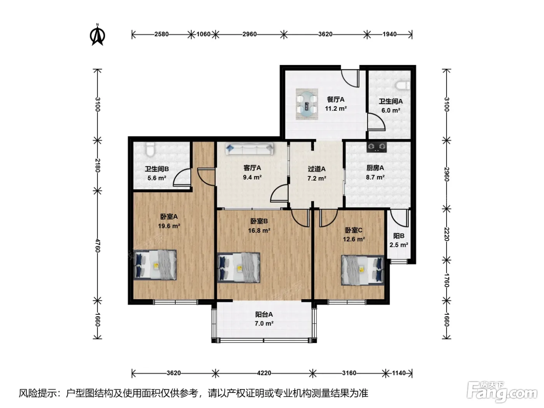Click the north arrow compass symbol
pyautogui.click(x=98, y=35)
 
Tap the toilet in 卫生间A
pyautogui.click(x=403, y=86)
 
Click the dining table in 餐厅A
pyautogui.click(x=307, y=104)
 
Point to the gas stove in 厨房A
pyautogui.click(x=377, y=147)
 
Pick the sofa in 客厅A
pyautogui.click(x=249, y=149)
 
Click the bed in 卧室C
pyautogui.click(x=363, y=270)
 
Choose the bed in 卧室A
pyautogui.click(x=155, y=265)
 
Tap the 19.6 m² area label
pyautogui.click(x=169, y=226)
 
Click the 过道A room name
pyautogui.click(x=316, y=169)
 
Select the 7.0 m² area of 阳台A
pyautogui.click(x=264, y=324)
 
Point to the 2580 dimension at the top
pyautogui.click(x=162, y=34)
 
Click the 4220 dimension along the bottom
pyautogui.click(x=264, y=373)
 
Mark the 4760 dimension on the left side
pyautogui.click(x=98, y=246)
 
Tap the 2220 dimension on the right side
pyautogui.click(x=446, y=234)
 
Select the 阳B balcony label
pyautogui.click(x=399, y=236)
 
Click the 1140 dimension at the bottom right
pyautogui.click(x=399, y=373)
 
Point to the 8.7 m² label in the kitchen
pyautogui.click(x=375, y=177)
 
